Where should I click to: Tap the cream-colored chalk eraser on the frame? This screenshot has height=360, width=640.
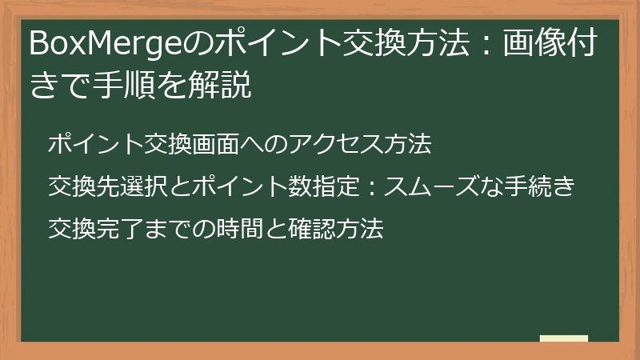tap(563, 338)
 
